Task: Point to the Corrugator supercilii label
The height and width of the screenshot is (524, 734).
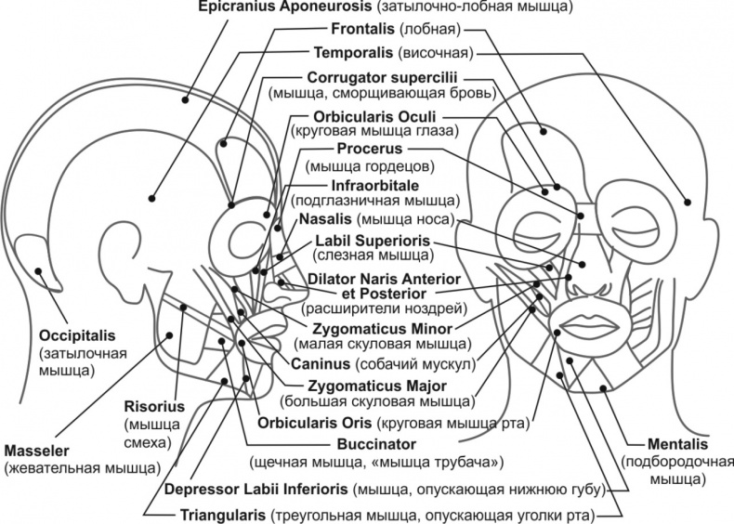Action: pyautogui.click(x=383, y=75)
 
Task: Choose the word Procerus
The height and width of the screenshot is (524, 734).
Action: pyautogui.click(x=369, y=148)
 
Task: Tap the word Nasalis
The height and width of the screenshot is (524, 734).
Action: pyautogui.click(x=325, y=219)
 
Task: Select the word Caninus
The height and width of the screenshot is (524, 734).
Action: pyautogui.click(x=321, y=362)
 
